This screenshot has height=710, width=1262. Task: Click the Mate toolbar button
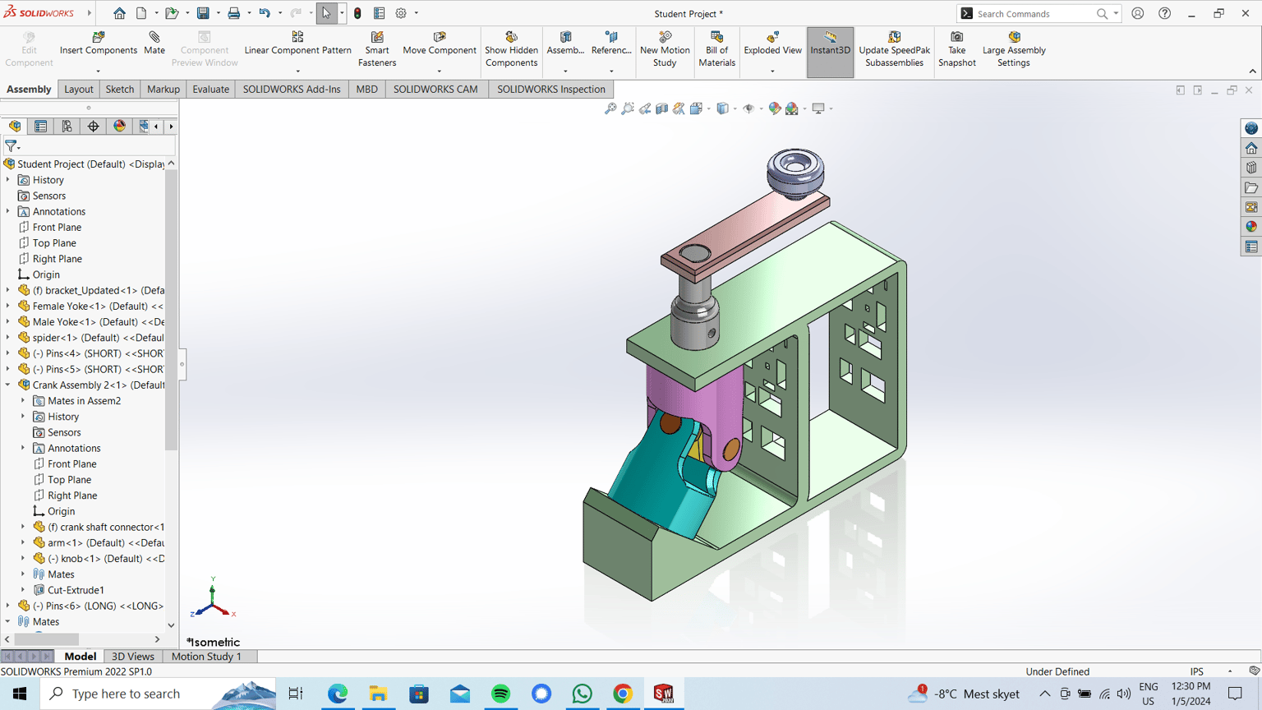pos(154,44)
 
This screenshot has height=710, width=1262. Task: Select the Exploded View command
pos(772,44)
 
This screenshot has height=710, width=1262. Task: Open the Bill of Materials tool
pos(716,49)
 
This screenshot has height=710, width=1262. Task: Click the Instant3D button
pos(830,44)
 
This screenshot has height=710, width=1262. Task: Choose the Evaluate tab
pos(210,89)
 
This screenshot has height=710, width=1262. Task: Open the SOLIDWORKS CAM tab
pos(435,89)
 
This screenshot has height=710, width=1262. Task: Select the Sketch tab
pos(119,89)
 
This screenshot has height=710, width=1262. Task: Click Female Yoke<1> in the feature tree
pos(97,306)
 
